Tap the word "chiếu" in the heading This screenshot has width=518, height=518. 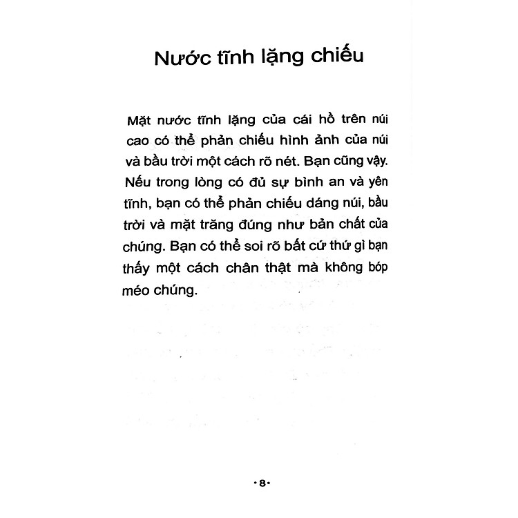click(339, 56)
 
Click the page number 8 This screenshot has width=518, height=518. click(262, 483)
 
